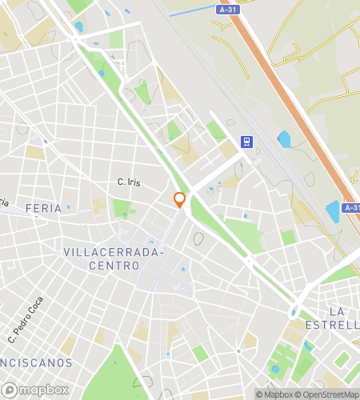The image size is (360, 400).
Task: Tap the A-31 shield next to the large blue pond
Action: coord(351,207)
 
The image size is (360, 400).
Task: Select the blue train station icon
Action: coord(247,142)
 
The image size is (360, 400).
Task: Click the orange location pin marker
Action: coord(180,199)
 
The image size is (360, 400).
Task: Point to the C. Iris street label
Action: coord(129,182)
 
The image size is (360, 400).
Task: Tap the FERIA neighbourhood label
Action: coord(43,208)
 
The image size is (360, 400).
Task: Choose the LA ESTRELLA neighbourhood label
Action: coord(343,318)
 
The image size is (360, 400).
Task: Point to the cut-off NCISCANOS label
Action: coord(35,362)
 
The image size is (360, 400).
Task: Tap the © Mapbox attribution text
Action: coord(274,394)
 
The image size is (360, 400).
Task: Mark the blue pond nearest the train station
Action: coord(284,139)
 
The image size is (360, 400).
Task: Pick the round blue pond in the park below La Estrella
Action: coord(276,370)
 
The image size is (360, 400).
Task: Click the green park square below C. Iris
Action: coord(122,208)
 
